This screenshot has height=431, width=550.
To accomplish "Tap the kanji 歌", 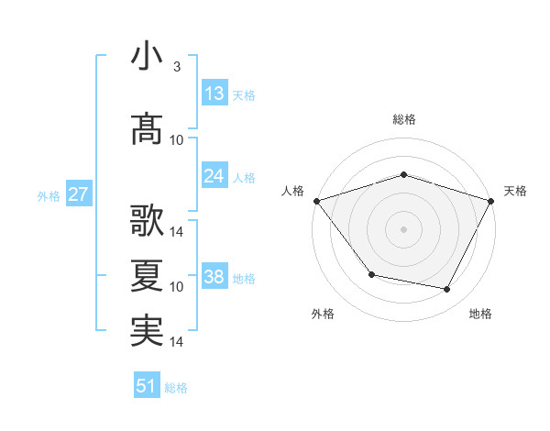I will pos(147,220).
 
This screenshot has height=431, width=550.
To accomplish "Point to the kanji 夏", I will pos(147,275).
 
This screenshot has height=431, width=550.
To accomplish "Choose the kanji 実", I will pos(147,330).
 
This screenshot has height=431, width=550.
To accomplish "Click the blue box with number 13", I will pos(214,94).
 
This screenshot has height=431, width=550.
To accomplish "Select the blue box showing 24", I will pos(214,176).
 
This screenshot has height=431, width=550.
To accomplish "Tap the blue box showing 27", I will pos(78,194).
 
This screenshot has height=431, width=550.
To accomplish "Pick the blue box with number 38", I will pos(214,277).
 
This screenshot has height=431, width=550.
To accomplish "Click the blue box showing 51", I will pos(147,386).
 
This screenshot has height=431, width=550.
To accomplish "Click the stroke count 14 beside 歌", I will pos(177,231).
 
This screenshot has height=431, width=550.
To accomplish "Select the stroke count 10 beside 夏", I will pos(177,287).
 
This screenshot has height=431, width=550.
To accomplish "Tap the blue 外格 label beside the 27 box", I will pos(49,195).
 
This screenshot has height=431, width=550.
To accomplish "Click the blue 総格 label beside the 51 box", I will pos(176,388).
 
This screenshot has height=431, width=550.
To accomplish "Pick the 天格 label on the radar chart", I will pos(515,191).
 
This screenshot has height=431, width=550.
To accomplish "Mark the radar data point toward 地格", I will pos(447,290).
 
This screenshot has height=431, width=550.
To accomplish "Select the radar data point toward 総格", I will pos(403,174).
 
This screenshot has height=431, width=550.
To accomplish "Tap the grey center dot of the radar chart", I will pos(403,228).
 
